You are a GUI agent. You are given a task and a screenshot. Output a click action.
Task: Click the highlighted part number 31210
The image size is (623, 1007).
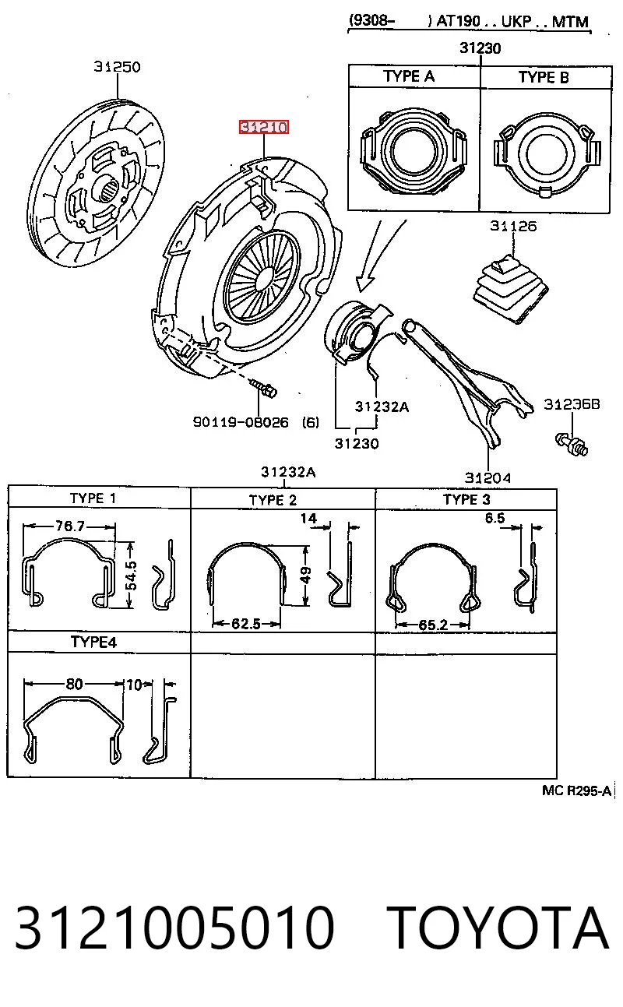pos(263,127)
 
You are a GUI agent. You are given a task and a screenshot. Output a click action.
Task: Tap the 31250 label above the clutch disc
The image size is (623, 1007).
pos(117,67)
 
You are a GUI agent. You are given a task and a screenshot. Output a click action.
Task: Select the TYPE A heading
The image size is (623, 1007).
pos(409,76)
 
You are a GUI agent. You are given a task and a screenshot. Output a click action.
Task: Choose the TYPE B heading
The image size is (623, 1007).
pos(544,77)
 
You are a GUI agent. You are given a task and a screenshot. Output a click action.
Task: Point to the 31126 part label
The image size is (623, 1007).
pos(513,226)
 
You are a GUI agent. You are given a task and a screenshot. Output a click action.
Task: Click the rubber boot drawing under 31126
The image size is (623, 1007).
pos(511,289)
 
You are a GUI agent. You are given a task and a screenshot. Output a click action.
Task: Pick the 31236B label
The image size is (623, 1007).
pos(572,404)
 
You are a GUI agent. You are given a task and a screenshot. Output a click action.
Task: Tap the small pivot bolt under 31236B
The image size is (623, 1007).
pos(572,445)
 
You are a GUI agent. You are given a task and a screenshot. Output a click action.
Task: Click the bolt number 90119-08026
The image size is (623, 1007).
pos(241,422)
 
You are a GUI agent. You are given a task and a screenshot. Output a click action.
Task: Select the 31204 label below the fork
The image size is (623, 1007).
pos(487,477)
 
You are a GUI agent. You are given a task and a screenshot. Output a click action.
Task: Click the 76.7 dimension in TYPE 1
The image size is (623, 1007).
pos(69,526)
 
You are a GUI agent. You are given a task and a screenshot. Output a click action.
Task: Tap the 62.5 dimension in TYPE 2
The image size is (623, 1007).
pos(246,624)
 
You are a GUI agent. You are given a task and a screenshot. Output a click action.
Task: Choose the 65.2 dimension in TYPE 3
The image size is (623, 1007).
pos(433,625)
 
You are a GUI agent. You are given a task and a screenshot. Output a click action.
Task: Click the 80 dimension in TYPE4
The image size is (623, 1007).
pos(74,684)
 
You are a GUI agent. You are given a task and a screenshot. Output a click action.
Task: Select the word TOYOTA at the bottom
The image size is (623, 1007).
pos(498,927)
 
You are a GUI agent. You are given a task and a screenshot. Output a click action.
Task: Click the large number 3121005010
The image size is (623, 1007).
pos(175,928)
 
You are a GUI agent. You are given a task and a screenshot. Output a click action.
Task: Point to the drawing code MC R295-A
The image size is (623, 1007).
pos(577,790)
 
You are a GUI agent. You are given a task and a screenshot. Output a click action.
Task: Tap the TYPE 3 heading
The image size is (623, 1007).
pos(466,499)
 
